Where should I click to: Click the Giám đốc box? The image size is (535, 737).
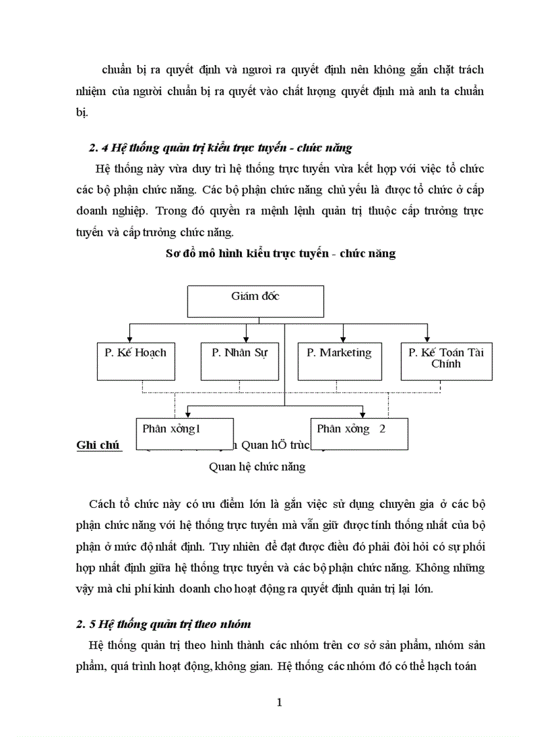click(x=256, y=301)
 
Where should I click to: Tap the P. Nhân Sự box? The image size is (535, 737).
click(x=240, y=360)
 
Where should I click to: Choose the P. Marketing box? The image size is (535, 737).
click(x=339, y=360)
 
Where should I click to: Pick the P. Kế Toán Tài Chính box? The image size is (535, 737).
click(x=446, y=360)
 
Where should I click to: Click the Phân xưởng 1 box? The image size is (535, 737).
click(x=184, y=433)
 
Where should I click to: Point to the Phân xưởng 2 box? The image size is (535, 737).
click(x=359, y=433)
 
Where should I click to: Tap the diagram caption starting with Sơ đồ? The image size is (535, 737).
click(x=281, y=253)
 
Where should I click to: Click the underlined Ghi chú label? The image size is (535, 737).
click(x=98, y=445)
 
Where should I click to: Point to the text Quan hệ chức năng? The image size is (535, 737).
click(x=257, y=467)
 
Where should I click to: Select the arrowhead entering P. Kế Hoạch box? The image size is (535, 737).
click(x=130, y=338)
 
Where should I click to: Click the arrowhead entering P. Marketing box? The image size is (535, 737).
click(x=342, y=338)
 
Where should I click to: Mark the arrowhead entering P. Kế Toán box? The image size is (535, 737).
click(x=427, y=338)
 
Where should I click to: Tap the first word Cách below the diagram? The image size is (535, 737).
click(x=102, y=504)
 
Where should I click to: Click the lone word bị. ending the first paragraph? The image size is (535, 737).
click(x=81, y=112)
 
